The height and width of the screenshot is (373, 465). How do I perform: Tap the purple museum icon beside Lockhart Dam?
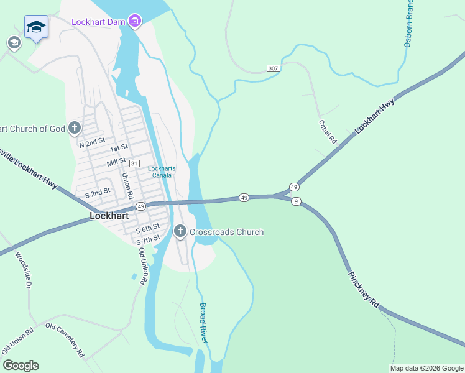[135, 22]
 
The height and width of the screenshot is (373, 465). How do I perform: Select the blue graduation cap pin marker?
[36, 27]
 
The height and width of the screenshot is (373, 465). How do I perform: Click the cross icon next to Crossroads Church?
[180, 232]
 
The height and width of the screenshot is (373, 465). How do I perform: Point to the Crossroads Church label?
[226, 232]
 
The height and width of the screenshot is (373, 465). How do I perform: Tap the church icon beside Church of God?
[74, 129]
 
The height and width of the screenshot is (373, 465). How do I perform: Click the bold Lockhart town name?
[109, 216]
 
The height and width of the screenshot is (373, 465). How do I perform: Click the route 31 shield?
[135, 162]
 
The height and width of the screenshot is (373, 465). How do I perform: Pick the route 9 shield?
[297, 201]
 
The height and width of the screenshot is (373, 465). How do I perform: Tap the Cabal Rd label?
[327, 132]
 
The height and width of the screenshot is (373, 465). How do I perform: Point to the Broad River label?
[203, 322]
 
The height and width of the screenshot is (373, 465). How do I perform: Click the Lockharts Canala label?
[161, 172]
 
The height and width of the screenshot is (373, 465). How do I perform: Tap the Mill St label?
[116, 160]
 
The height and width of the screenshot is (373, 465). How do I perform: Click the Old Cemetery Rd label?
[64, 340]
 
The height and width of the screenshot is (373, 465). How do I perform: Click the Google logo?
[21, 366]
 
